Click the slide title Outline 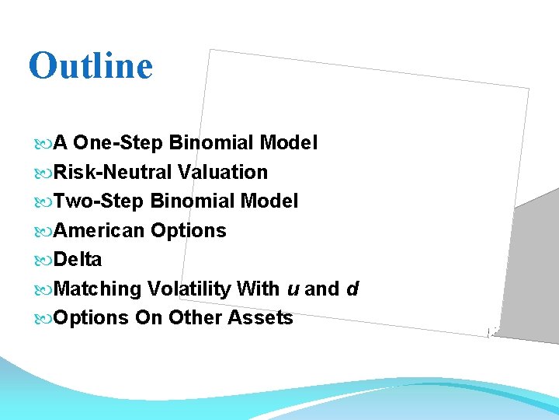tap(90, 65)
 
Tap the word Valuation tap(222, 172)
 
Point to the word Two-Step tap(100, 201)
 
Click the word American tap(101, 230)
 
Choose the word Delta tap(79, 259)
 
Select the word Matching tap(99, 289)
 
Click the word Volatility tap(189, 289)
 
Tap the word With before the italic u tap(259, 289)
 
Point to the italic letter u tap(293, 289)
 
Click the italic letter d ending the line tap(352, 289)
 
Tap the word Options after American tap(189, 230)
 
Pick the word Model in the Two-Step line tap(269, 201)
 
